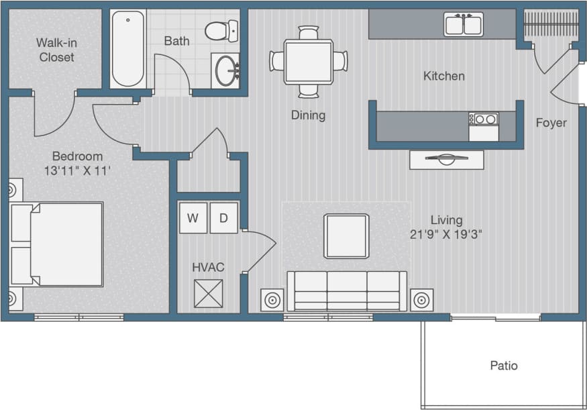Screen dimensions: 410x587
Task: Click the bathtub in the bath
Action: click(x=128, y=48)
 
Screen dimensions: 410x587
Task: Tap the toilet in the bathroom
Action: click(x=221, y=31)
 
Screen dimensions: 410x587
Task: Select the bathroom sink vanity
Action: click(x=226, y=70)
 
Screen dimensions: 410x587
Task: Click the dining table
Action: click(x=308, y=61)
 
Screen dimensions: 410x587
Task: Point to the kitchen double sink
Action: click(x=464, y=25)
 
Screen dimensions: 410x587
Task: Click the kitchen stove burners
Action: click(x=484, y=119)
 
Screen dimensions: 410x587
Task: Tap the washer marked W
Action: click(x=193, y=218)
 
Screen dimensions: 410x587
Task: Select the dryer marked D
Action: click(x=223, y=218)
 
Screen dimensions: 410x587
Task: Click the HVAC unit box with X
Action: click(x=208, y=293)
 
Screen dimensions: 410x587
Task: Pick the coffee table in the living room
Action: click(x=346, y=236)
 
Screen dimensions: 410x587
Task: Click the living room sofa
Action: click(x=347, y=291)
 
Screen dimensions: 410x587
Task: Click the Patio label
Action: click(x=503, y=366)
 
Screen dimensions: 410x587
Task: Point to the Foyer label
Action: click(x=551, y=123)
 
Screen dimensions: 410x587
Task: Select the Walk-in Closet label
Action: click(x=56, y=50)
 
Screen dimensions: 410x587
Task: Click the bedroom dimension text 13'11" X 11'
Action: click(x=77, y=170)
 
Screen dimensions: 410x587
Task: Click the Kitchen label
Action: click(x=443, y=76)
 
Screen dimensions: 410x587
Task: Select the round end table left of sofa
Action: click(x=272, y=300)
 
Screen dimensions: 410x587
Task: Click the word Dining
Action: click(x=308, y=115)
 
